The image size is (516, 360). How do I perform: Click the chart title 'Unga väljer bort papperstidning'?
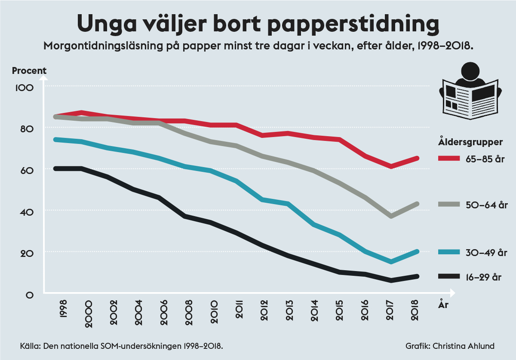coord(258,24)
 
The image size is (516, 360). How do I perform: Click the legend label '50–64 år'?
coord(484,205)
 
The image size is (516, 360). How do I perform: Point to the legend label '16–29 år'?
coord(484,277)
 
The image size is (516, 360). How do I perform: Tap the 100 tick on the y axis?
coord(24,88)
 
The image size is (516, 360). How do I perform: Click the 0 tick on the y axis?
coord(30,295)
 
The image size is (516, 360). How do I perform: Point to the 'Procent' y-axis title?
coord(29,70)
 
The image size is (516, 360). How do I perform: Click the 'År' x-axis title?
coord(444,305)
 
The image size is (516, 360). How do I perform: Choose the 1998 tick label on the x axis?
coord(63,311)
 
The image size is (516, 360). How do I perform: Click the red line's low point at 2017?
coord(390,166)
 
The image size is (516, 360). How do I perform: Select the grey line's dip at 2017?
coord(390,216)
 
